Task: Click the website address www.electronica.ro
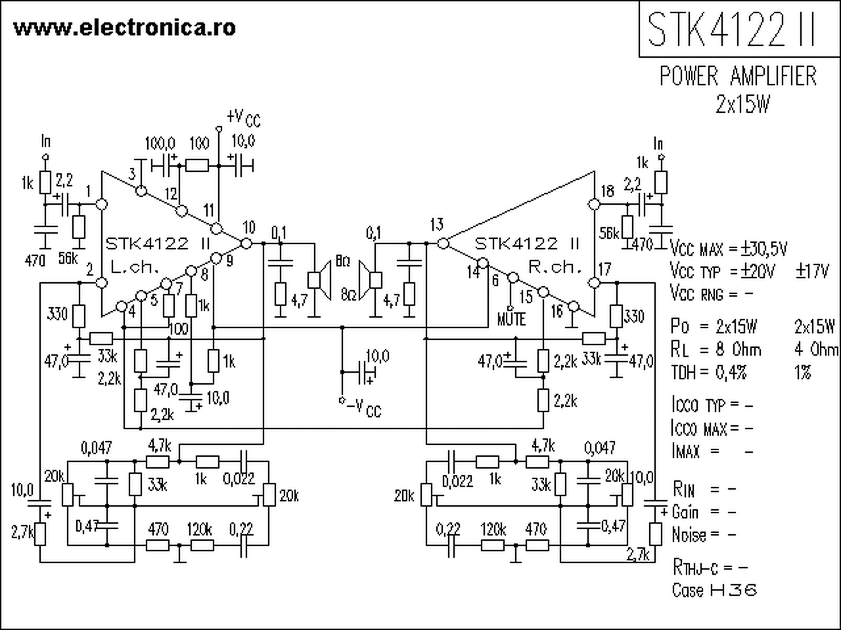click(x=124, y=28)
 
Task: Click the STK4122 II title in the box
click(x=732, y=30)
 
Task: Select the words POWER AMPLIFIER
click(x=738, y=77)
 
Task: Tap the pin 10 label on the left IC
click(x=248, y=228)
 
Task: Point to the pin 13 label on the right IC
click(x=437, y=225)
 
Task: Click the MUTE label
click(x=511, y=319)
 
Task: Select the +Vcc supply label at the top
click(x=243, y=118)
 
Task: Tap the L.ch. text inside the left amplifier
click(x=135, y=268)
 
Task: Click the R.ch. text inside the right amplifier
click(x=556, y=268)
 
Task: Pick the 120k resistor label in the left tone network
click(x=200, y=529)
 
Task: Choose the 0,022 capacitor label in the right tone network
click(x=457, y=481)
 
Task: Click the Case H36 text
click(x=714, y=590)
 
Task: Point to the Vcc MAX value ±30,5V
click(x=764, y=249)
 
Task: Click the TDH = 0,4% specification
click(x=709, y=372)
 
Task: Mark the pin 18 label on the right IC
click(x=608, y=191)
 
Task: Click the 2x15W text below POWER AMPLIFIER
click(x=742, y=105)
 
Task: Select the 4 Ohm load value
click(x=816, y=348)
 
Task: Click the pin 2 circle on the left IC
click(x=102, y=282)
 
